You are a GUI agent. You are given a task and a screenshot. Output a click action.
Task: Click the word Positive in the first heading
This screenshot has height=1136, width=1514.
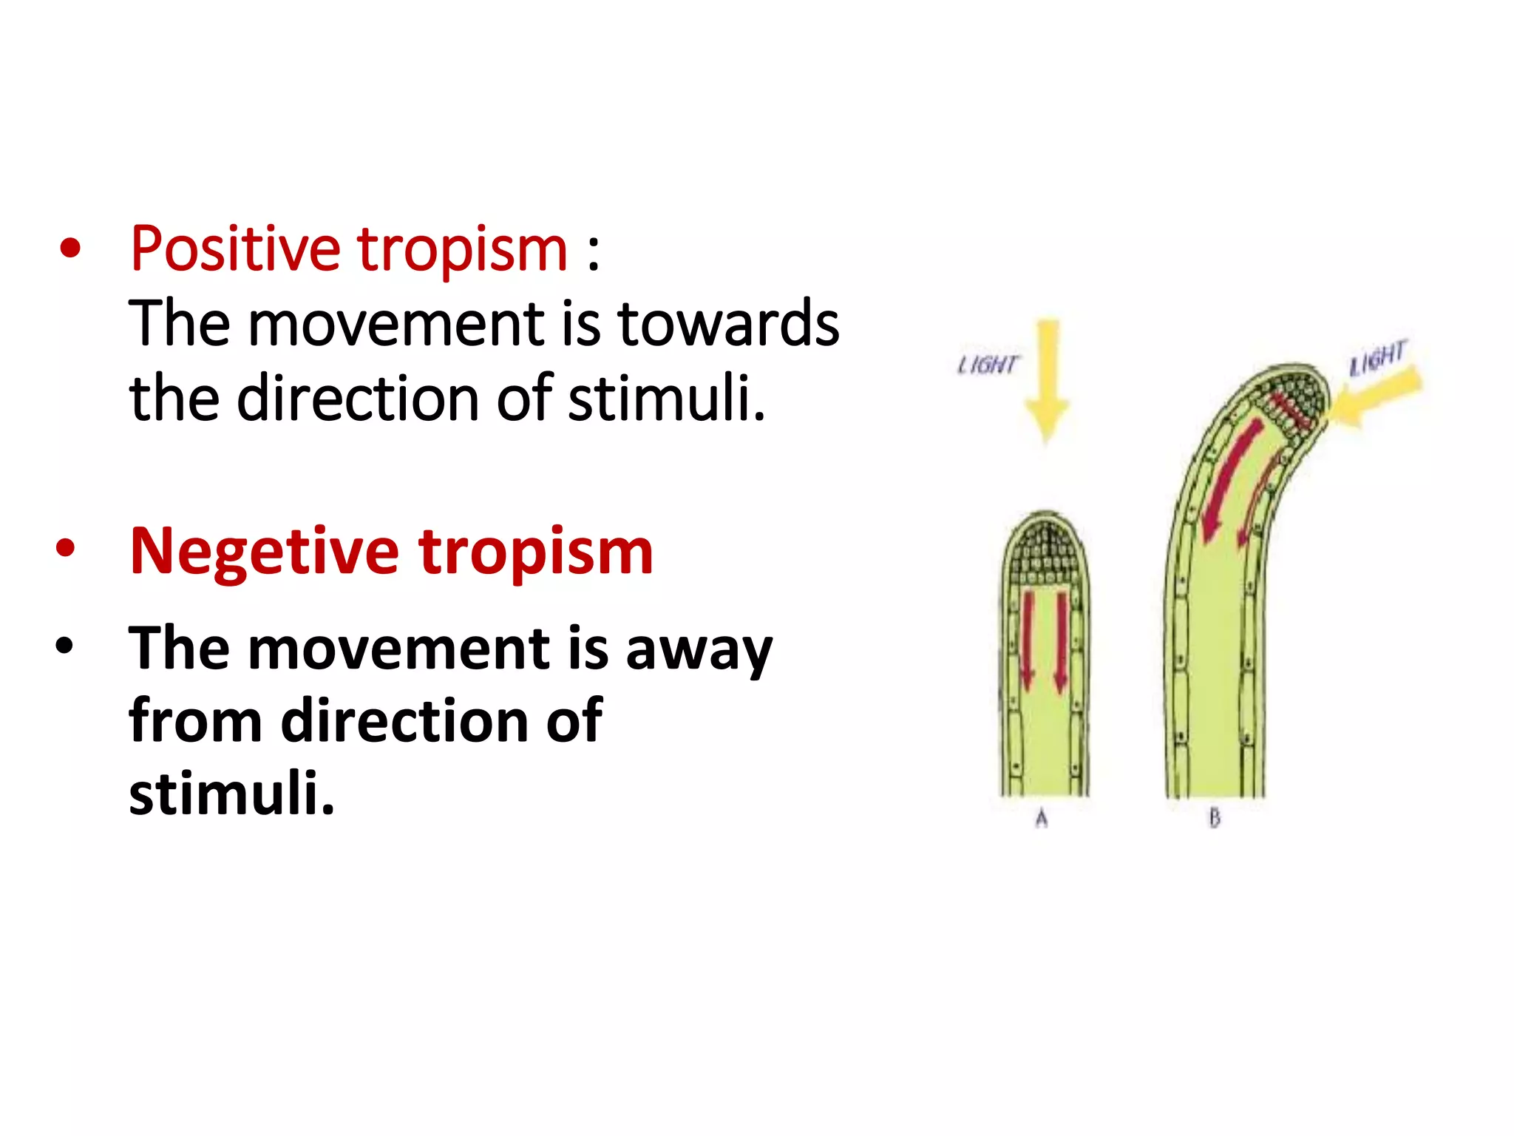pyautogui.click(x=235, y=249)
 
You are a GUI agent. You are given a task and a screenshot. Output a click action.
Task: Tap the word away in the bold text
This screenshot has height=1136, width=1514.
pyautogui.click(x=699, y=649)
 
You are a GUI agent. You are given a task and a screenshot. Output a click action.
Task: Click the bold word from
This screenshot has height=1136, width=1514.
pyautogui.click(x=195, y=721)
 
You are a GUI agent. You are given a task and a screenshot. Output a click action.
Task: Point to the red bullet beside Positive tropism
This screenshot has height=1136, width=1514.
pyautogui.click(x=70, y=249)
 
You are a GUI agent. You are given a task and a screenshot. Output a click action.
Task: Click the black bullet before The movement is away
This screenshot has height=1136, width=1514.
pyautogui.click(x=65, y=646)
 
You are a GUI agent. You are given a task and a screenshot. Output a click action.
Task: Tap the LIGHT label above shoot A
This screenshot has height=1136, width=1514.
pyautogui.click(x=988, y=365)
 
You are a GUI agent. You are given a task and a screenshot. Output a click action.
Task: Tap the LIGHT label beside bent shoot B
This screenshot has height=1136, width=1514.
pyautogui.click(x=1376, y=358)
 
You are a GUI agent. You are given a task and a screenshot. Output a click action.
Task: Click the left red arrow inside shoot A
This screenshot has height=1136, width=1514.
pyautogui.click(x=1027, y=640)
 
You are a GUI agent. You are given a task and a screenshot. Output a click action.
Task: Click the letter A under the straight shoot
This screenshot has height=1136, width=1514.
pyautogui.click(x=1042, y=818)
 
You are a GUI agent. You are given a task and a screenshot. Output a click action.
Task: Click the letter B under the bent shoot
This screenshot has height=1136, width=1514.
pyautogui.click(x=1214, y=818)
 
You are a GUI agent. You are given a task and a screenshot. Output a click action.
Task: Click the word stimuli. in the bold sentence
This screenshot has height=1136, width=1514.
pyautogui.click(x=231, y=794)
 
